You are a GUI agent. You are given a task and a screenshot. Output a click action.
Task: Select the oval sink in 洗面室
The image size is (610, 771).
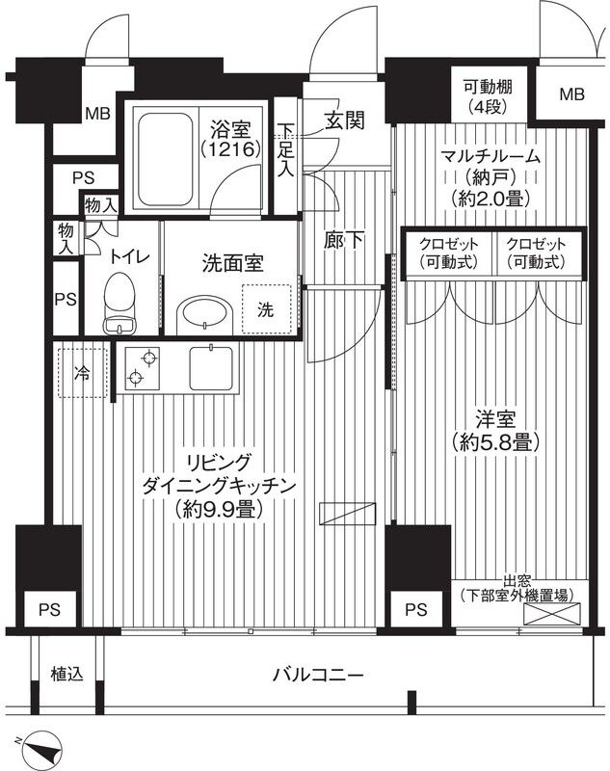pos(204,314)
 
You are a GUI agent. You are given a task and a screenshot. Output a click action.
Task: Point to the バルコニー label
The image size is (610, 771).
pos(317,675)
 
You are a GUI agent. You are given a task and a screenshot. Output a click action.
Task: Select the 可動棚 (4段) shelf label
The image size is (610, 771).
pos(486,94)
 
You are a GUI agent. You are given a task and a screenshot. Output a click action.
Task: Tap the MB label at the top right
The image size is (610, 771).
pos(572,94)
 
